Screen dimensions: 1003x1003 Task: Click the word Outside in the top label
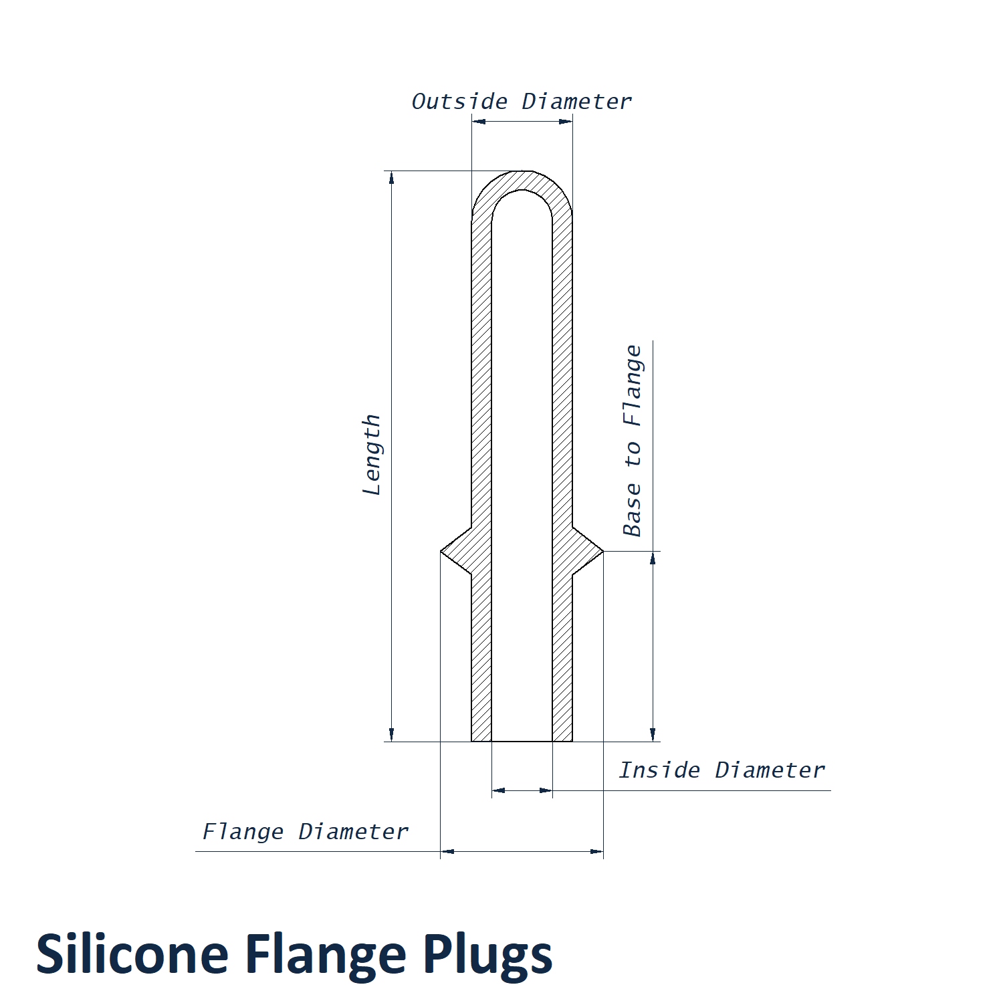click(x=459, y=102)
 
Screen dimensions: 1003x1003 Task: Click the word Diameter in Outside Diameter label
click(x=576, y=102)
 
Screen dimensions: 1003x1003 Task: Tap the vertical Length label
click(x=372, y=455)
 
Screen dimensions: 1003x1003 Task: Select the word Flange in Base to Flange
click(x=633, y=385)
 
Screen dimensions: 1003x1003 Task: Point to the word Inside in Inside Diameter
click(x=659, y=770)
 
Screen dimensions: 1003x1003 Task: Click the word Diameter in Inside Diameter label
click(x=770, y=770)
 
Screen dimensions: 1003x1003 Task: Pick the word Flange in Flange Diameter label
click(x=243, y=832)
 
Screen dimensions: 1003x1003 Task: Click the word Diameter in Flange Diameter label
click(x=353, y=832)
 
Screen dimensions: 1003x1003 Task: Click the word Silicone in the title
click(x=132, y=954)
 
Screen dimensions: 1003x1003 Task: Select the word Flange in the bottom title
click(x=326, y=954)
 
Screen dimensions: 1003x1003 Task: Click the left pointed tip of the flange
click(x=442, y=552)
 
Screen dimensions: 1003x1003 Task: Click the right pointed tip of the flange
click(x=602, y=552)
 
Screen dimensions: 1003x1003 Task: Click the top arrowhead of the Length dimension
click(x=392, y=177)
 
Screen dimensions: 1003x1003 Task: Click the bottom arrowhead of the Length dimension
click(x=392, y=736)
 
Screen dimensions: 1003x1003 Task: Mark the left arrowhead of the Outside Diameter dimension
click(x=478, y=122)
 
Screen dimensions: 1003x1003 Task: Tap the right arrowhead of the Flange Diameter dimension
click(x=597, y=851)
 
